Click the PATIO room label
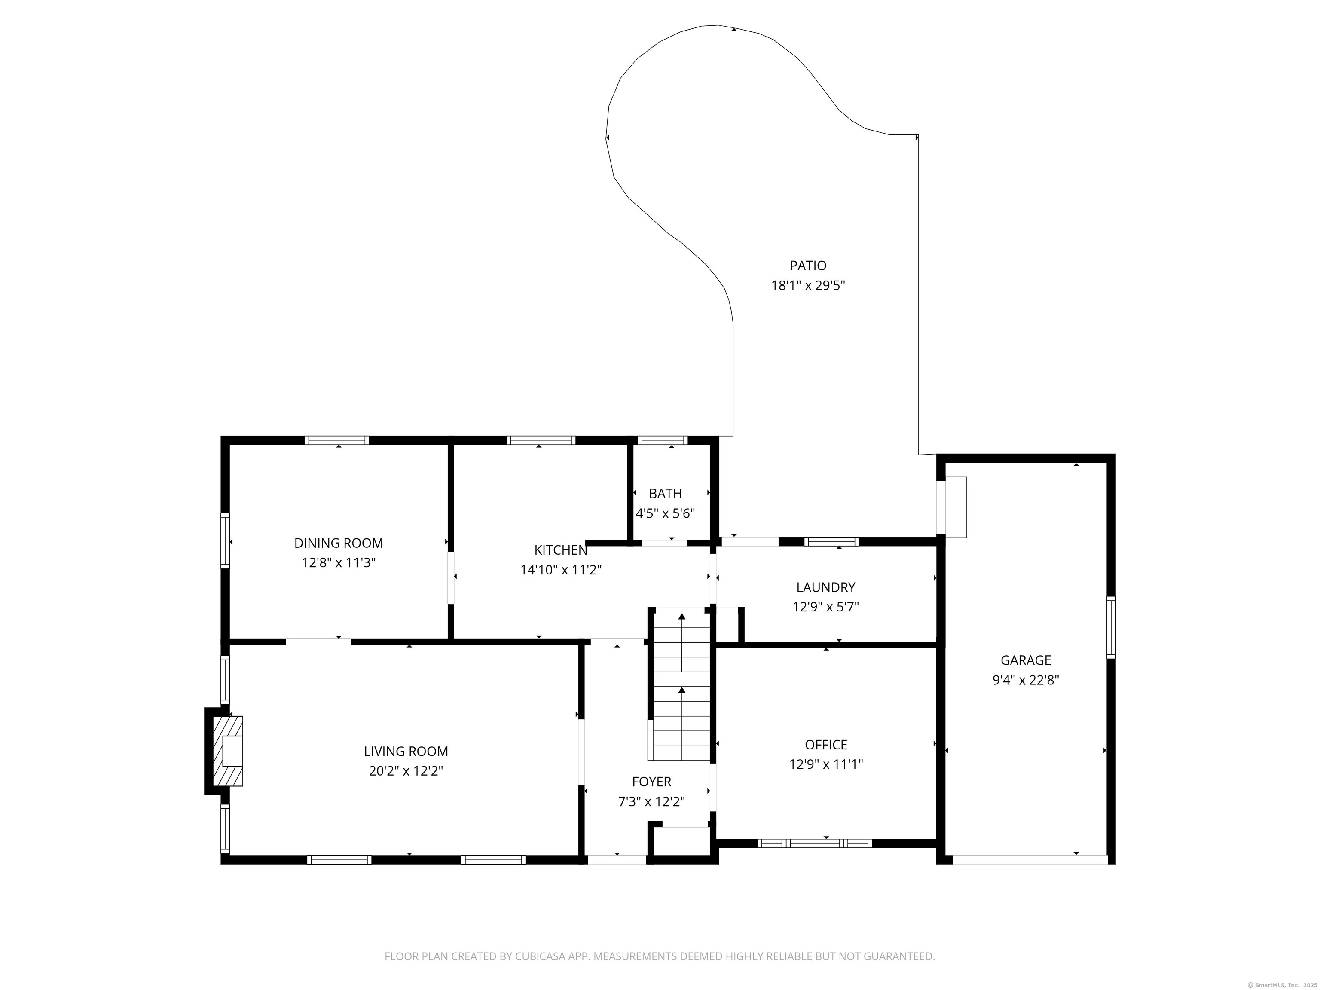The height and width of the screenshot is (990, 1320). (808, 266)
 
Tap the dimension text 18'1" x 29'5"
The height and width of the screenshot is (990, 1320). (808, 286)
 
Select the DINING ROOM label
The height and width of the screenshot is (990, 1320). (338, 543)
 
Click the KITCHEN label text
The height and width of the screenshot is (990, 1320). (560, 550)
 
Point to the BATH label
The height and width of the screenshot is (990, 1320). (665, 494)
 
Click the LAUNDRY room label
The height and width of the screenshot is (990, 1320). (825, 587)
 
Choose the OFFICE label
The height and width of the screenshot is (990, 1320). (826, 745)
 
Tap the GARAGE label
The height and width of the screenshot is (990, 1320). (1025, 660)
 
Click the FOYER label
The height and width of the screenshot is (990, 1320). (652, 782)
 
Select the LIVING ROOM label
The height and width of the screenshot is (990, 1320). (406, 751)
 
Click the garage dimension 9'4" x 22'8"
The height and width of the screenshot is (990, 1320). (1025, 680)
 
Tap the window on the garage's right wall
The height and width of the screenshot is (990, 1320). (1111, 627)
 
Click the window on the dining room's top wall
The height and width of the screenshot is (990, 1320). (336, 440)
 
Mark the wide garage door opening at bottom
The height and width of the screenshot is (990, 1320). (1030, 860)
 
